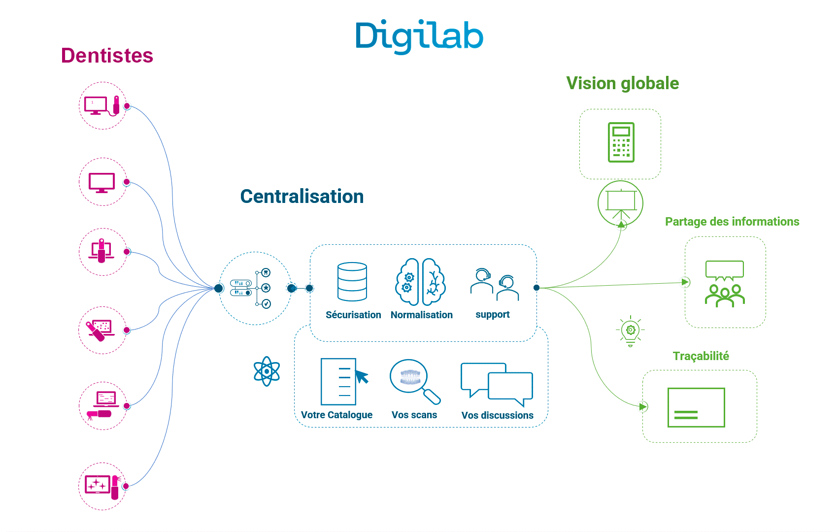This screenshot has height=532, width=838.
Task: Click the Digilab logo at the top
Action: tap(419, 36)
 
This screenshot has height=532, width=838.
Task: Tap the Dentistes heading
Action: tap(107, 55)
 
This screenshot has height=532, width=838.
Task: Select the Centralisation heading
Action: tap(302, 197)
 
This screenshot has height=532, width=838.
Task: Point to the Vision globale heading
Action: tap(623, 83)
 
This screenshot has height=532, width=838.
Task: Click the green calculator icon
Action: tap(621, 142)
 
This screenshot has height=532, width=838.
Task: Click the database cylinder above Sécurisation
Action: tap(352, 282)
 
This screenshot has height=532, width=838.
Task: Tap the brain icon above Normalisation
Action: tap(421, 282)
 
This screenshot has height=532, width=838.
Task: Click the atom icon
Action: tap(267, 371)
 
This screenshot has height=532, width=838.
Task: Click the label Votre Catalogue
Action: tap(336, 415)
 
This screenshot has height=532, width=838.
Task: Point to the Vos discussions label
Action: tap(497, 415)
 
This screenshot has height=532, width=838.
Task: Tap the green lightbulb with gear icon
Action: tap(631, 331)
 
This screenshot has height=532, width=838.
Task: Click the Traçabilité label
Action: tap(701, 356)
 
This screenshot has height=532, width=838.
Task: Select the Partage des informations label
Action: tap(732, 222)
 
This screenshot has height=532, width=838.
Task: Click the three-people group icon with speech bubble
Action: tap(725, 284)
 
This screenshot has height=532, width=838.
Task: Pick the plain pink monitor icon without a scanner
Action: tap(102, 183)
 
